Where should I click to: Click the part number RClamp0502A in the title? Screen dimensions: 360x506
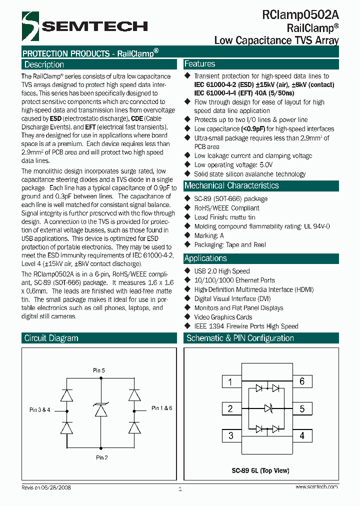click(x=300, y=15)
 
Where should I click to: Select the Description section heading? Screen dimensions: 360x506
click(x=44, y=64)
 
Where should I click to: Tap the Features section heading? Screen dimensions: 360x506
click(x=200, y=64)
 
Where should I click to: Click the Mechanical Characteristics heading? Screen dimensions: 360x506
click(x=231, y=185)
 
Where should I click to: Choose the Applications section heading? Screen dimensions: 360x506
click(x=205, y=258)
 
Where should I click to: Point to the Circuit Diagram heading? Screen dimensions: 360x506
click(x=51, y=338)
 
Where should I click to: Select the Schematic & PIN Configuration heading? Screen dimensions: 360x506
click(x=240, y=338)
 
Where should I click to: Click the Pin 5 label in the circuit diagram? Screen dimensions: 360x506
click(x=99, y=370)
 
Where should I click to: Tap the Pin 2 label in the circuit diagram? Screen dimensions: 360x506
click(x=101, y=457)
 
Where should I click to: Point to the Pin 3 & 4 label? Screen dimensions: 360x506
click(x=40, y=410)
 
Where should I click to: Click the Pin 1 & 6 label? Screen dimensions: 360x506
click(x=161, y=408)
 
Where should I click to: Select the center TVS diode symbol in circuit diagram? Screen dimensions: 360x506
click(x=101, y=410)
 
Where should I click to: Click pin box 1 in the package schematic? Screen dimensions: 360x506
click(x=230, y=382)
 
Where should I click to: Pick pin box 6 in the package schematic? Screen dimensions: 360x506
click(x=302, y=381)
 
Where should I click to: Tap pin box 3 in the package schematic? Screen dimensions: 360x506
click(x=230, y=435)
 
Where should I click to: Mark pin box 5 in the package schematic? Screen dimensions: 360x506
click(x=302, y=408)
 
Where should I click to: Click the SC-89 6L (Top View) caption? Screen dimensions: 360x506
click(x=260, y=470)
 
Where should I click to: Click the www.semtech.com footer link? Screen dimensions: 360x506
click(x=316, y=486)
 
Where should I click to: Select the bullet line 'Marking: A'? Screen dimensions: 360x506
click(x=209, y=235)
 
